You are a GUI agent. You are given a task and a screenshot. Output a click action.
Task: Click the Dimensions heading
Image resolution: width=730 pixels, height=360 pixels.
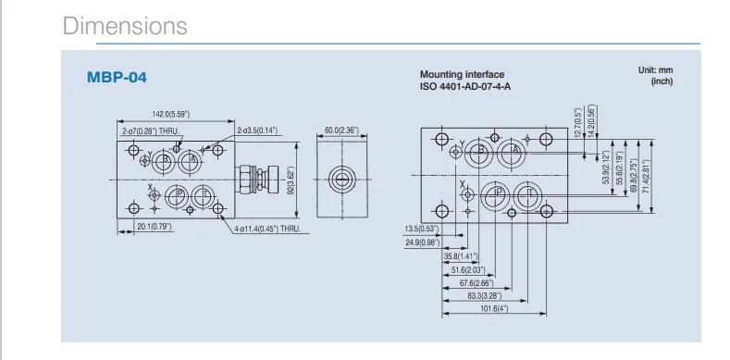click(125, 26)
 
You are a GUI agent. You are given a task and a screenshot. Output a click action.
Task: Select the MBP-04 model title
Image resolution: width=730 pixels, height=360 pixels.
click(117, 78)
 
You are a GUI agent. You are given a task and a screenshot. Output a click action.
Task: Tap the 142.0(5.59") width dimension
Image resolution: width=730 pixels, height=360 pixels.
click(171, 114)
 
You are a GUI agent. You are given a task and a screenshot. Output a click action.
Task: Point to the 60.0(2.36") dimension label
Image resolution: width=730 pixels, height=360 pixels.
click(341, 130)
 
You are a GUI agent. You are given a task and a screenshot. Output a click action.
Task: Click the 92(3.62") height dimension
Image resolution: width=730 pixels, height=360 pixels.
click(291, 180)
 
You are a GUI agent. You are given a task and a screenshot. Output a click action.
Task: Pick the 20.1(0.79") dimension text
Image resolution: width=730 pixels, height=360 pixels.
click(155, 228)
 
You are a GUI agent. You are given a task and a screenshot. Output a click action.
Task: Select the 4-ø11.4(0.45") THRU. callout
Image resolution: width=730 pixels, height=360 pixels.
click(267, 229)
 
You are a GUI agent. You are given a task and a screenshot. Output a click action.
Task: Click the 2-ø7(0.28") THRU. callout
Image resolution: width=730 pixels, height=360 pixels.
click(151, 131)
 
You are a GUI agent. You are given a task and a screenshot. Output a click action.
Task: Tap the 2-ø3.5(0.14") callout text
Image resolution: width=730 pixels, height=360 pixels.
click(257, 130)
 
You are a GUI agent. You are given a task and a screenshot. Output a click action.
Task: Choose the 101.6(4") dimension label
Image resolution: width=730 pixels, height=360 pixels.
click(494, 309)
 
